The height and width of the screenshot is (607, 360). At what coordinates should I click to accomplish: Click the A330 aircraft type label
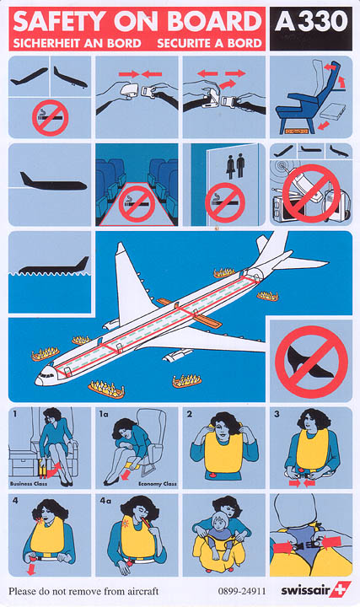pos(311,22)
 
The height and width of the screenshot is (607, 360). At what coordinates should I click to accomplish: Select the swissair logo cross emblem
pos(341,589)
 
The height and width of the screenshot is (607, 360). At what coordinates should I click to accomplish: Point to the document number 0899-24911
pos(242,591)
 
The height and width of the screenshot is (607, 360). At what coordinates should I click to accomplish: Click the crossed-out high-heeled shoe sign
pos(311,362)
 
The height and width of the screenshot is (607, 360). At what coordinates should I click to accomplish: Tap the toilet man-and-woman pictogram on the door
pos(235,166)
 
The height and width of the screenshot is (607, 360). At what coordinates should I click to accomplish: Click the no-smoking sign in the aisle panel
pos(137,204)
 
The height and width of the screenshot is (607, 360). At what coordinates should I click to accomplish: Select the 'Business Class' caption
pos(29,484)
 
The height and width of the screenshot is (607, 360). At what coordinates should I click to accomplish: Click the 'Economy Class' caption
pos(157,484)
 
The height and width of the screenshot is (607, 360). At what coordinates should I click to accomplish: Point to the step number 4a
pos(105,501)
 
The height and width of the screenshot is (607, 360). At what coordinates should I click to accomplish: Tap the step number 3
pos(277,414)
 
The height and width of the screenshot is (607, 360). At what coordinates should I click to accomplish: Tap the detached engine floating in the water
pos(177,355)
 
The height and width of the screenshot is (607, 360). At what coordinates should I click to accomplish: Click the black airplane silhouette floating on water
pos(54,266)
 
